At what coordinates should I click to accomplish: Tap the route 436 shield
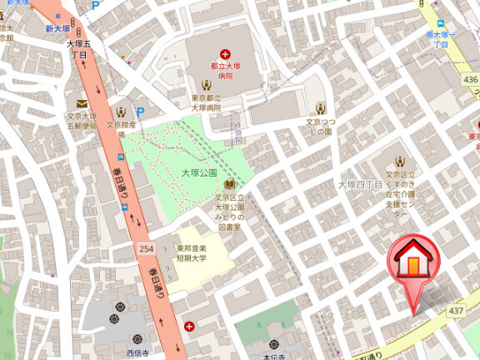click(471, 79)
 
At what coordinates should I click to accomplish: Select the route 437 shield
click(456, 311)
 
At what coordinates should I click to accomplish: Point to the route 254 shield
click(146, 250)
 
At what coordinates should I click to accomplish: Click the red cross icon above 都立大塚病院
click(224, 53)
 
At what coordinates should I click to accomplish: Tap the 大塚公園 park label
click(198, 173)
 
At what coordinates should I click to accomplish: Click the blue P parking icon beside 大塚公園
click(140, 112)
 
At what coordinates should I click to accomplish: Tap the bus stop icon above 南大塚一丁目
click(440, 24)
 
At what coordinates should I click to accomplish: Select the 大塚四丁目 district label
click(359, 184)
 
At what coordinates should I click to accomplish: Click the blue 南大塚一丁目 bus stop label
click(442, 39)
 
